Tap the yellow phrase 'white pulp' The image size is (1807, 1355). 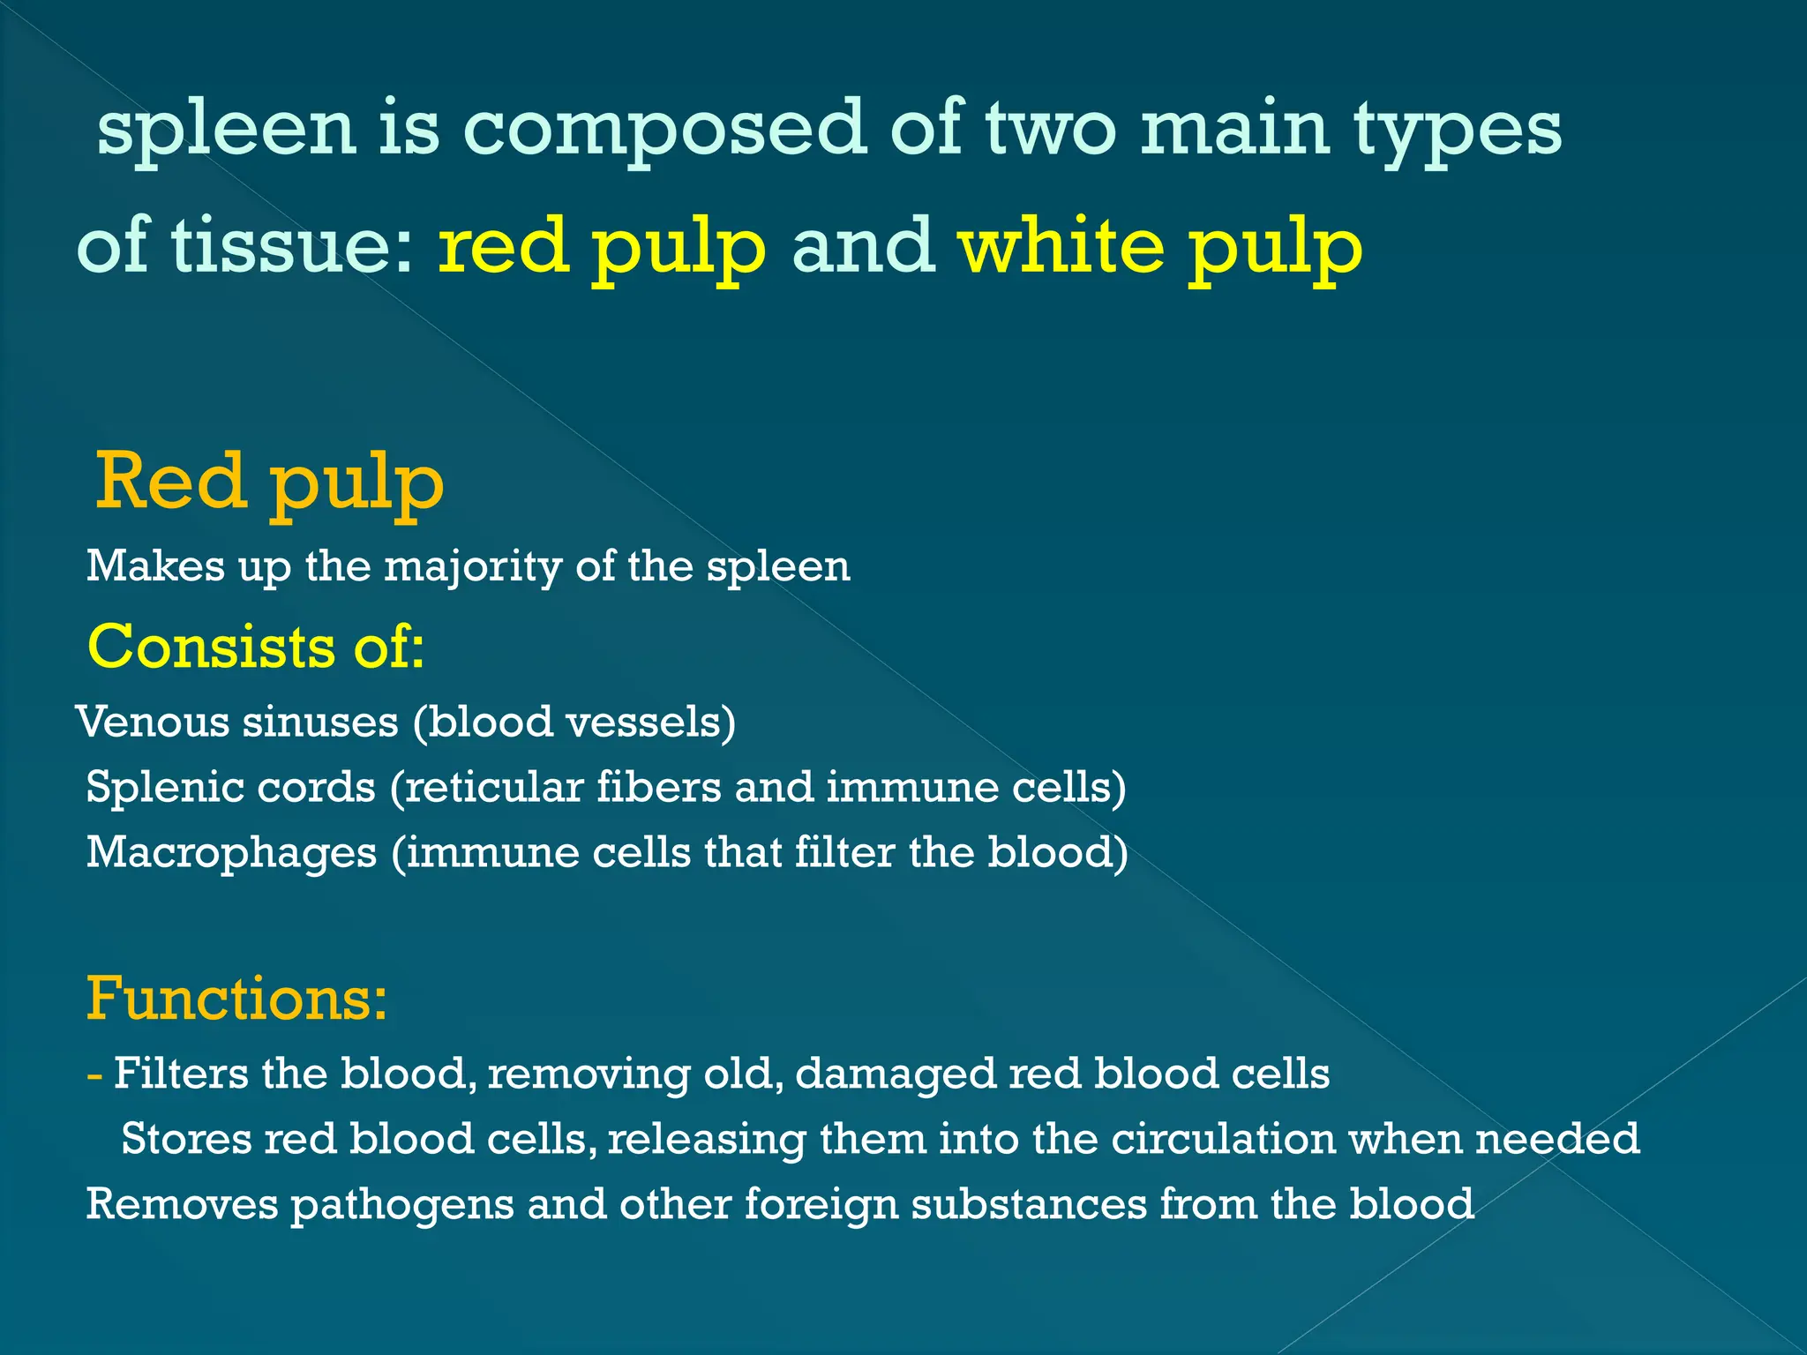click(1159, 247)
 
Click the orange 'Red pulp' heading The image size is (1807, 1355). click(269, 483)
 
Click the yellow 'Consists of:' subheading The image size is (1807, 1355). click(256, 647)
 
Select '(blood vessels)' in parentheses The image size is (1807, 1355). click(574, 722)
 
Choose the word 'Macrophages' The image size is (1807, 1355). click(231, 853)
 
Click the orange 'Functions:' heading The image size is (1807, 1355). click(236, 999)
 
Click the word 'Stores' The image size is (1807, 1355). click(186, 1139)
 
